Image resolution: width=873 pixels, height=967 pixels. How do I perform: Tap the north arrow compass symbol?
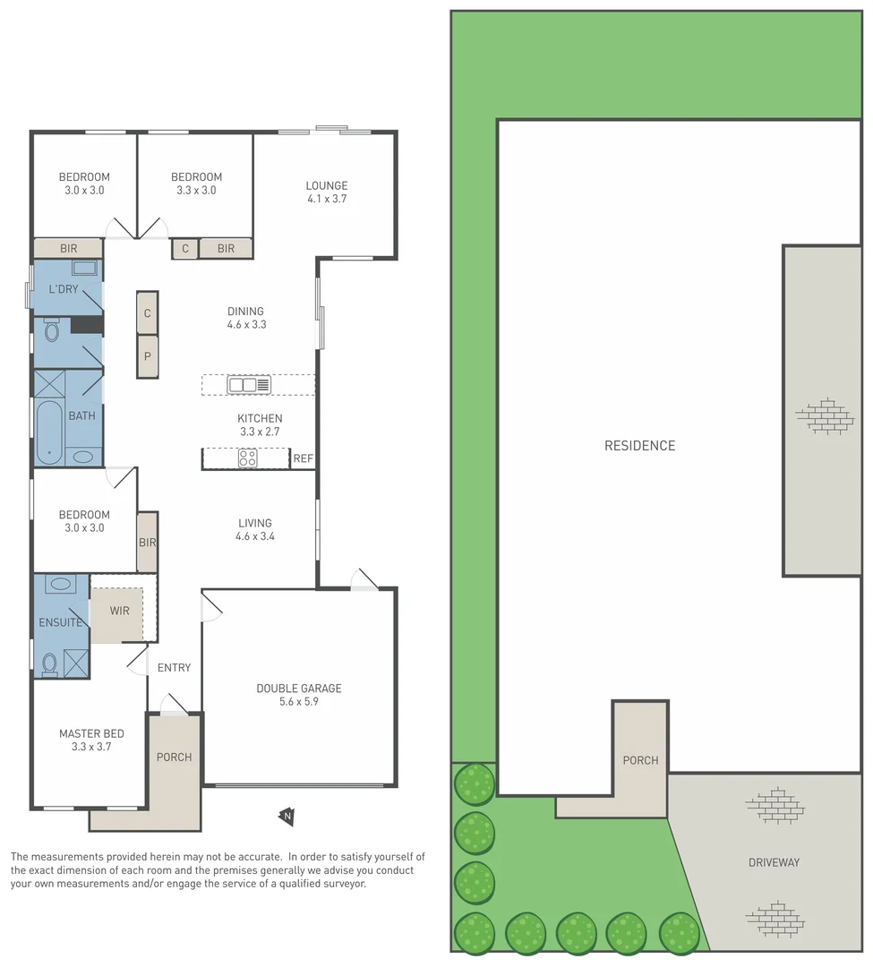(x=287, y=816)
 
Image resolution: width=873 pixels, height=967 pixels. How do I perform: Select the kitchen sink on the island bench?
(x=249, y=385)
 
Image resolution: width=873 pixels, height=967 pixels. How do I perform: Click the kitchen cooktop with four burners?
(x=248, y=458)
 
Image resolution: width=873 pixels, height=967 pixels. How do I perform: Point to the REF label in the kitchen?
(x=304, y=459)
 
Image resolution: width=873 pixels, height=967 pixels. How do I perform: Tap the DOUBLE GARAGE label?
(x=299, y=689)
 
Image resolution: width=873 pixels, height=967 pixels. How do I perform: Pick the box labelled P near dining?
(x=148, y=356)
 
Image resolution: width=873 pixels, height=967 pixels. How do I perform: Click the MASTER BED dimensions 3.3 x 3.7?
(x=91, y=747)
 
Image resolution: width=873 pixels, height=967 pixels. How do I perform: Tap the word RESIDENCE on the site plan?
(x=639, y=446)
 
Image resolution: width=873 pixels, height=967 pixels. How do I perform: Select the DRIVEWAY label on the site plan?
(x=774, y=862)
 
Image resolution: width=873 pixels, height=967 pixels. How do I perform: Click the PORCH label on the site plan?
(x=640, y=760)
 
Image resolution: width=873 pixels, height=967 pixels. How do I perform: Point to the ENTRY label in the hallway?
(x=174, y=667)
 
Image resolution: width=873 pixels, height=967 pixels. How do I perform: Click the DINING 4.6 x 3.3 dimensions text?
(x=246, y=325)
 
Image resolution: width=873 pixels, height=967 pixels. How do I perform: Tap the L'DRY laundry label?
(x=63, y=288)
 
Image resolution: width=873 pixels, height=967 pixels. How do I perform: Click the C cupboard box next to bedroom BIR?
(x=185, y=248)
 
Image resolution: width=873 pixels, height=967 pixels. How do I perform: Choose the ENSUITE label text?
(x=60, y=622)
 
